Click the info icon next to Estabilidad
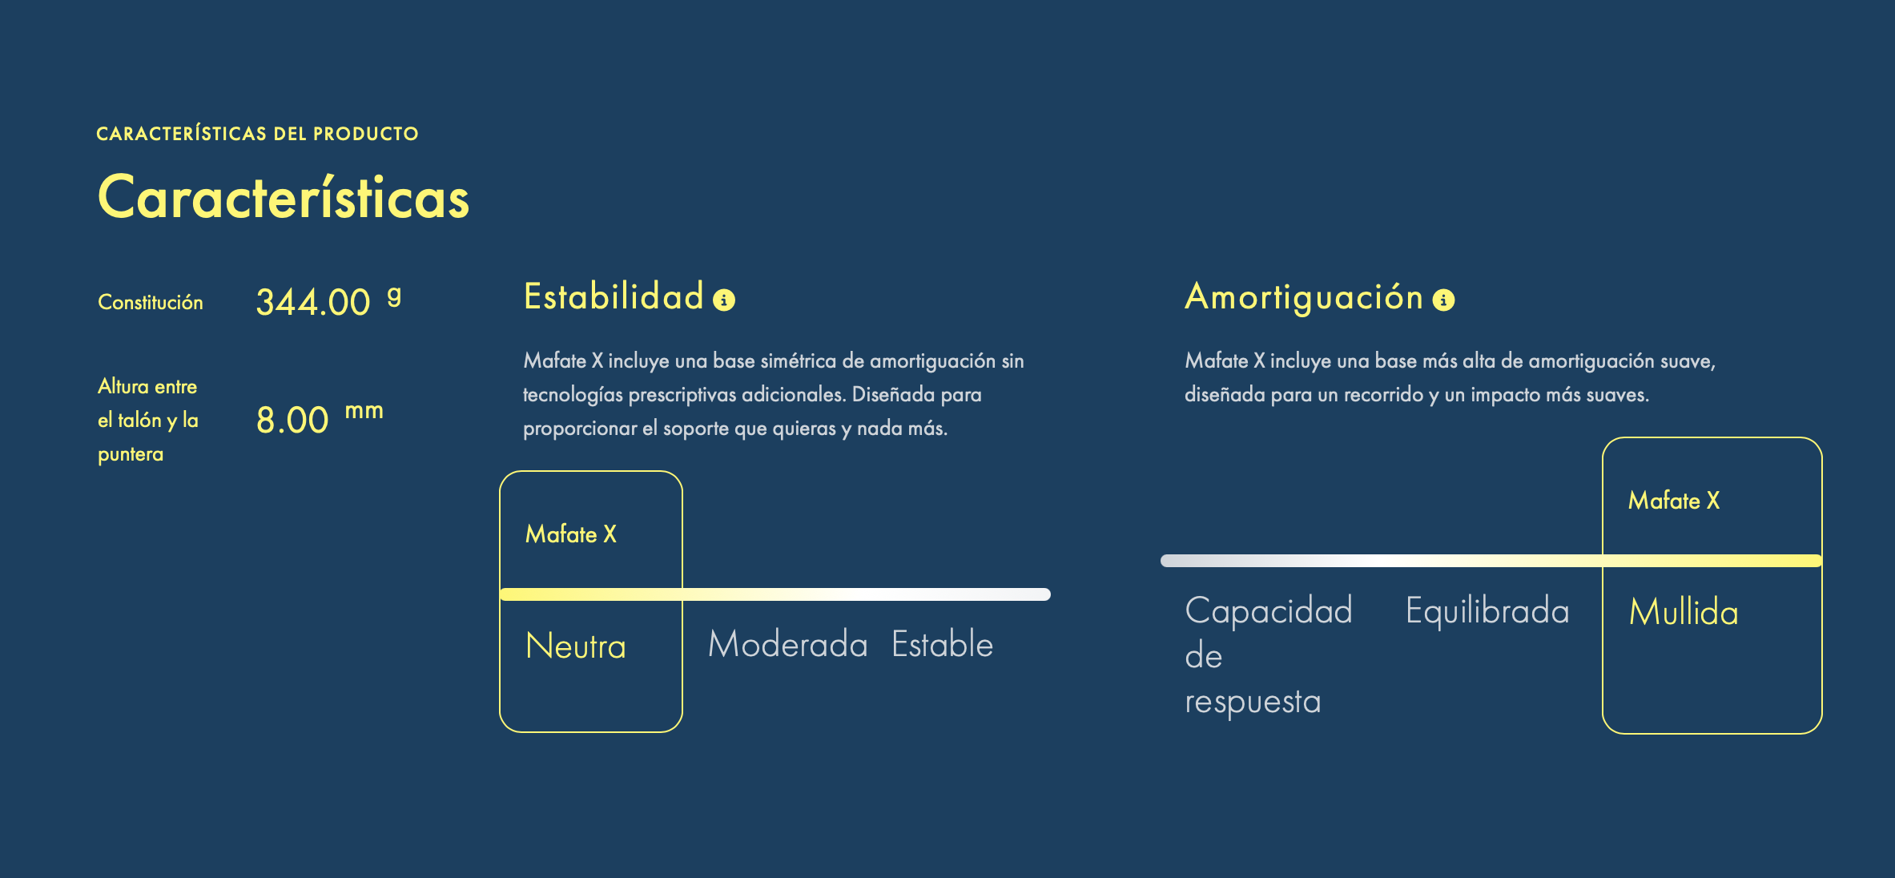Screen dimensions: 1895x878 [724, 300]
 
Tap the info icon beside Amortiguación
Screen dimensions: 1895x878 [1443, 300]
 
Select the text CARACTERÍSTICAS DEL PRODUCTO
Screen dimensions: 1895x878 [257, 133]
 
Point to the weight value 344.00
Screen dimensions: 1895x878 [313, 302]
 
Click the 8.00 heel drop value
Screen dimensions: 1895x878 [292, 420]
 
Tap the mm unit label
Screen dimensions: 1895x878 [364, 411]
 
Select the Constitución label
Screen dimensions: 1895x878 [151, 302]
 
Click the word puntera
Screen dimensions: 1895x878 [131, 454]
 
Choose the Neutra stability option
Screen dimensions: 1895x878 [576, 646]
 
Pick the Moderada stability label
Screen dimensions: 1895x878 [788, 644]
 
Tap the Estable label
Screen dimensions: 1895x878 [943, 644]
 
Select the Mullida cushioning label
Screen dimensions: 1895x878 [1684, 612]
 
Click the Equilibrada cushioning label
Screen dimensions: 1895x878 [1487, 610]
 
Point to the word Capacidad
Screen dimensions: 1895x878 [1269, 610]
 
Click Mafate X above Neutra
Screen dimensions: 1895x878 [571, 534]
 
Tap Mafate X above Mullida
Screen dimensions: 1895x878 [1674, 500]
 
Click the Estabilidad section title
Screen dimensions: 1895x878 [614, 296]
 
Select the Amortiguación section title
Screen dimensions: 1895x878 [1304, 297]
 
